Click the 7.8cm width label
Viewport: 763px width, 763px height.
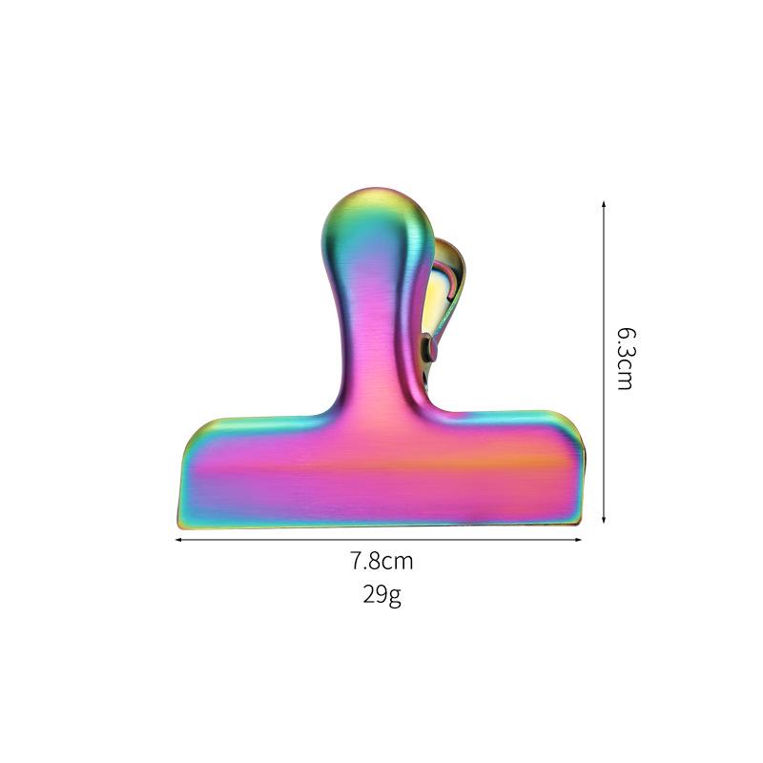(382, 561)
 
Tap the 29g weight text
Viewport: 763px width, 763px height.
(382, 594)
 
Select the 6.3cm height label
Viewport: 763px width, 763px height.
(626, 360)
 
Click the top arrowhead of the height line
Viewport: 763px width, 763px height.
(604, 204)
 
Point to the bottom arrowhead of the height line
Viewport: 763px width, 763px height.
(604, 520)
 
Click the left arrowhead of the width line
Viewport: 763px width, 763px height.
(178, 540)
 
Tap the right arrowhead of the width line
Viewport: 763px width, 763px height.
(578, 540)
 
